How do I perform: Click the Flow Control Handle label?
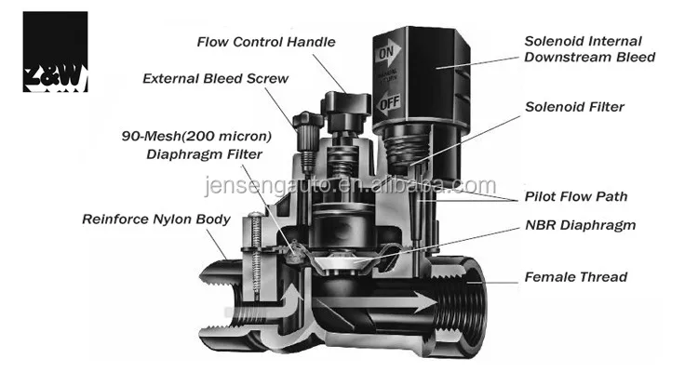[x=266, y=42]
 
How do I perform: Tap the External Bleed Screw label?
[x=215, y=78]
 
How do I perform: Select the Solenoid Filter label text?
[x=574, y=107]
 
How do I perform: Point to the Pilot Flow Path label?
[x=574, y=196]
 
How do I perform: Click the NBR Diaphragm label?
[x=580, y=225]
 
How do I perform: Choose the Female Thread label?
[x=576, y=276]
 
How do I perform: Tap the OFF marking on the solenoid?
[x=389, y=104]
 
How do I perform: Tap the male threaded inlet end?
[x=215, y=279]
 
